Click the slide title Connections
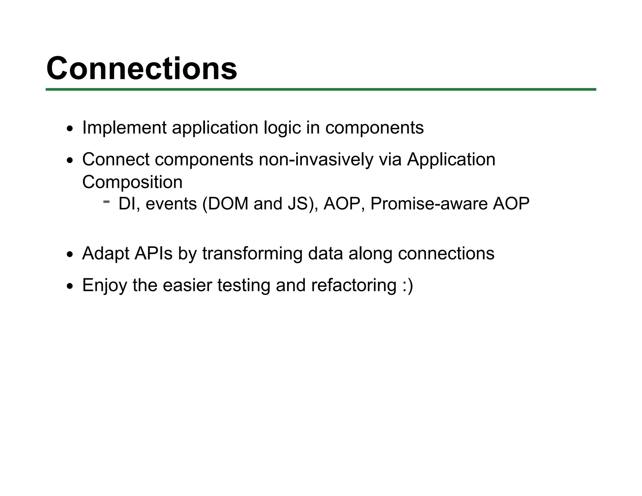[x=142, y=68]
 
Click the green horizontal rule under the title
[x=320, y=90]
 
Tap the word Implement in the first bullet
[x=124, y=128]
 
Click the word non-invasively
[x=316, y=159]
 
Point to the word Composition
[x=132, y=182]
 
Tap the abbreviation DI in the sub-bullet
[x=127, y=204]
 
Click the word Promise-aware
[x=429, y=204]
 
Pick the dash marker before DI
[x=107, y=202]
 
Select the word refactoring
[x=354, y=285]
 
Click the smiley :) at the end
[x=408, y=285]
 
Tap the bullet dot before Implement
[x=70, y=129]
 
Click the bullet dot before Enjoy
[x=70, y=286]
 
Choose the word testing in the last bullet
[x=244, y=286]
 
